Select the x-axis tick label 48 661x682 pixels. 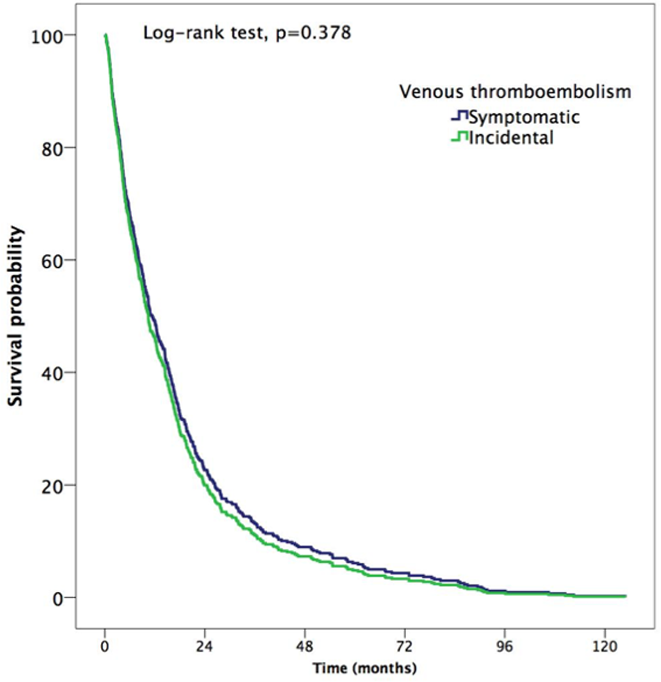(305, 646)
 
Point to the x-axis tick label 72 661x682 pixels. (405, 646)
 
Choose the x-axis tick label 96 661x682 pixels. (505, 646)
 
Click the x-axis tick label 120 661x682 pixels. (605, 646)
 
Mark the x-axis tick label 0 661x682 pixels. (105, 646)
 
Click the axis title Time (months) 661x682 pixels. (364, 668)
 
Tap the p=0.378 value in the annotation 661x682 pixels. (313, 33)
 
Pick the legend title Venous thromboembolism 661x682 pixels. (515, 92)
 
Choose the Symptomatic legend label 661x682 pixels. (524, 117)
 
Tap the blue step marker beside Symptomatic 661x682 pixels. (460, 116)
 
